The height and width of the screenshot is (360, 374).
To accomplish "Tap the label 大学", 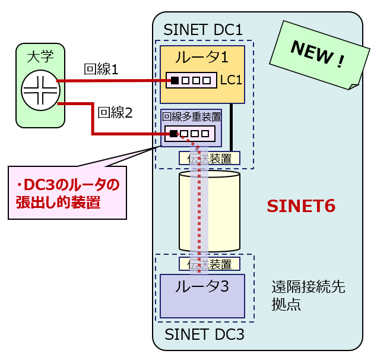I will [40, 58].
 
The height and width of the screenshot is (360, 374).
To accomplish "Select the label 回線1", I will [102, 69].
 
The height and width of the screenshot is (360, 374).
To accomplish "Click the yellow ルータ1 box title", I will [201, 58].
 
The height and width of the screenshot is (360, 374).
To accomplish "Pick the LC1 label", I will [231, 80].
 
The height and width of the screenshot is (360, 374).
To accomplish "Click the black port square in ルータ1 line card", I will [175, 80].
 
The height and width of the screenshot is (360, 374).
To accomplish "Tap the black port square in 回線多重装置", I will [173, 133].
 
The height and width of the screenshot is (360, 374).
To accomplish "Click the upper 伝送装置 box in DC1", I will [210, 158].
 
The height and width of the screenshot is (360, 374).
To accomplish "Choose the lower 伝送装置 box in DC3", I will [210, 264].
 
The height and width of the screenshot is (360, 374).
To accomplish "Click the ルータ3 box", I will [202, 295].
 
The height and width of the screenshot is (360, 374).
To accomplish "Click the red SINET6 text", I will [301, 206].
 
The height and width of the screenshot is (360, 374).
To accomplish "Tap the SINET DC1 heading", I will [203, 29].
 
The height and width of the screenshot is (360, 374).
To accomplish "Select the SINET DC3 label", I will [204, 334].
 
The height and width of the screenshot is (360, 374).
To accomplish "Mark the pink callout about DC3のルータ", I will [67, 193].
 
